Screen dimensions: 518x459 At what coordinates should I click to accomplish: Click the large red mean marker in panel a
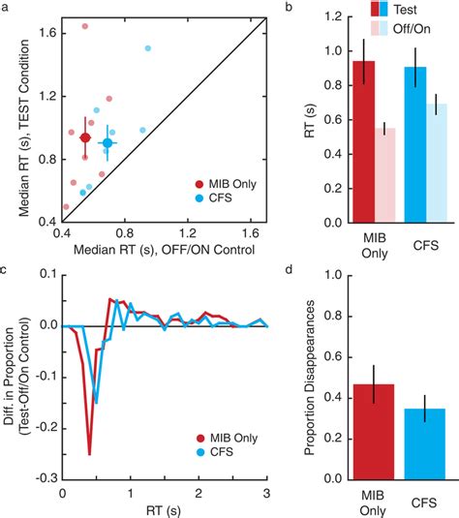coord(85,138)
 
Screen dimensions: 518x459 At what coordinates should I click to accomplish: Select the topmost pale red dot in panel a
coord(84,26)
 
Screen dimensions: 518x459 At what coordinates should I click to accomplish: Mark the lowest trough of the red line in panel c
coord(89,453)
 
